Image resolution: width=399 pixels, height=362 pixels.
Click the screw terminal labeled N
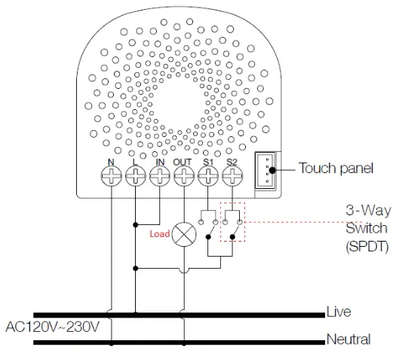pyautogui.click(x=112, y=177)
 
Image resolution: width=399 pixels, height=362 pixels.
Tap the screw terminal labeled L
pyautogui.click(x=136, y=177)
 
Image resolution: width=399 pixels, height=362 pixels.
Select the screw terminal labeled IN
pyautogui.click(x=160, y=177)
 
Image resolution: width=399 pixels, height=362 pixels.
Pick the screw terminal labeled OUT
pyautogui.click(x=184, y=177)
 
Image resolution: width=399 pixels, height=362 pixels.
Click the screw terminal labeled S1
pyautogui.click(x=208, y=177)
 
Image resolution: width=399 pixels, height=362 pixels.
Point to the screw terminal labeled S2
pyautogui.click(x=232, y=177)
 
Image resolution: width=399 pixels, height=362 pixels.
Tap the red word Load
pyautogui.click(x=159, y=234)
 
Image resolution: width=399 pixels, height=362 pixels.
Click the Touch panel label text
pyautogui.click(x=336, y=168)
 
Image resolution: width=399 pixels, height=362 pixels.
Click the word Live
pyautogui.click(x=339, y=312)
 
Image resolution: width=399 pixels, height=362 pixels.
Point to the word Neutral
pyautogui.click(x=348, y=339)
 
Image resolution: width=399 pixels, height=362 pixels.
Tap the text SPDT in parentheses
pyautogui.click(x=367, y=246)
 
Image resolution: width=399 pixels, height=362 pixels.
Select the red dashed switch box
pyautogui.click(x=233, y=222)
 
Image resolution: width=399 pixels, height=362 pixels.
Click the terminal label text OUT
pyautogui.click(x=183, y=160)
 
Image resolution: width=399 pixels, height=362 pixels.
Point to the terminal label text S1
pyautogui.click(x=208, y=160)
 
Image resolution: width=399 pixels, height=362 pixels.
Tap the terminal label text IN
pyautogui.click(x=160, y=160)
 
